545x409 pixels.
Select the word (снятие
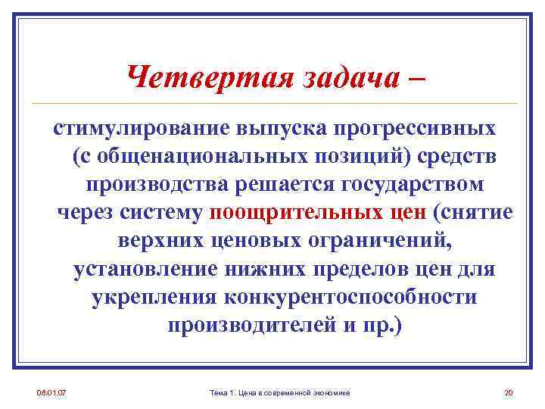click(474, 212)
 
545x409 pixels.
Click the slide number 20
click(508, 392)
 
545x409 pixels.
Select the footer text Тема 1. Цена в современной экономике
click(274, 392)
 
